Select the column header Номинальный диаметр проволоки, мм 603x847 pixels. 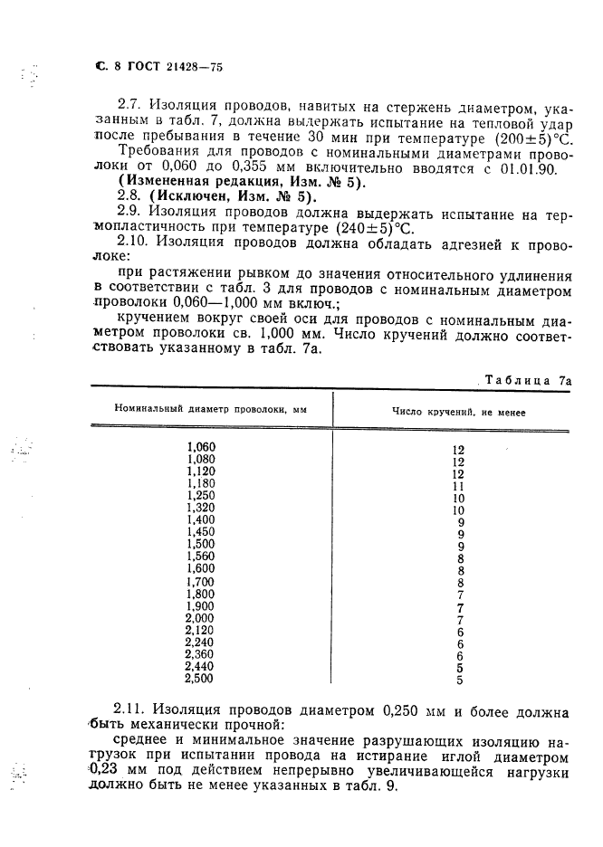pyautogui.click(x=210, y=409)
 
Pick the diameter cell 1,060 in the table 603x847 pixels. pyautogui.click(x=201, y=447)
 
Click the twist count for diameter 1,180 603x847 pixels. pyautogui.click(x=458, y=486)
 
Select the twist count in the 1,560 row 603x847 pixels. pyautogui.click(x=460, y=559)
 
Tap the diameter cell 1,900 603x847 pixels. pyautogui.click(x=201, y=605)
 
